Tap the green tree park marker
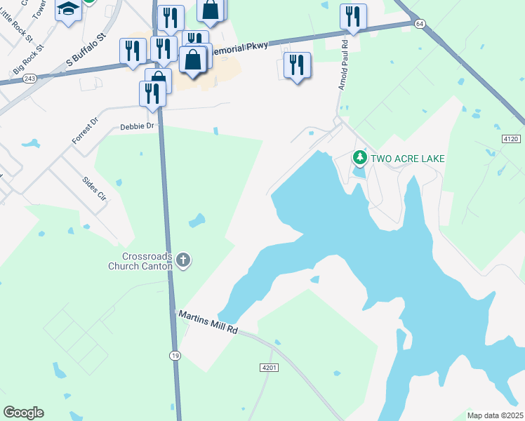click(x=360, y=158)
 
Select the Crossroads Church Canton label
click(x=140, y=261)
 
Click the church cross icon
click(x=183, y=261)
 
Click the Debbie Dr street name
click(x=136, y=126)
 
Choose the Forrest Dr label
click(x=86, y=131)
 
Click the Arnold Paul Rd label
click(x=343, y=69)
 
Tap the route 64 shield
click(x=420, y=24)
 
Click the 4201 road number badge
click(x=270, y=368)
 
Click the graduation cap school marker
click(x=68, y=10)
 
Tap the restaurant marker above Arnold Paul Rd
click(x=353, y=16)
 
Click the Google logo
click(x=23, y=412)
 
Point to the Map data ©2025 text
click(x=494, y=415)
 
